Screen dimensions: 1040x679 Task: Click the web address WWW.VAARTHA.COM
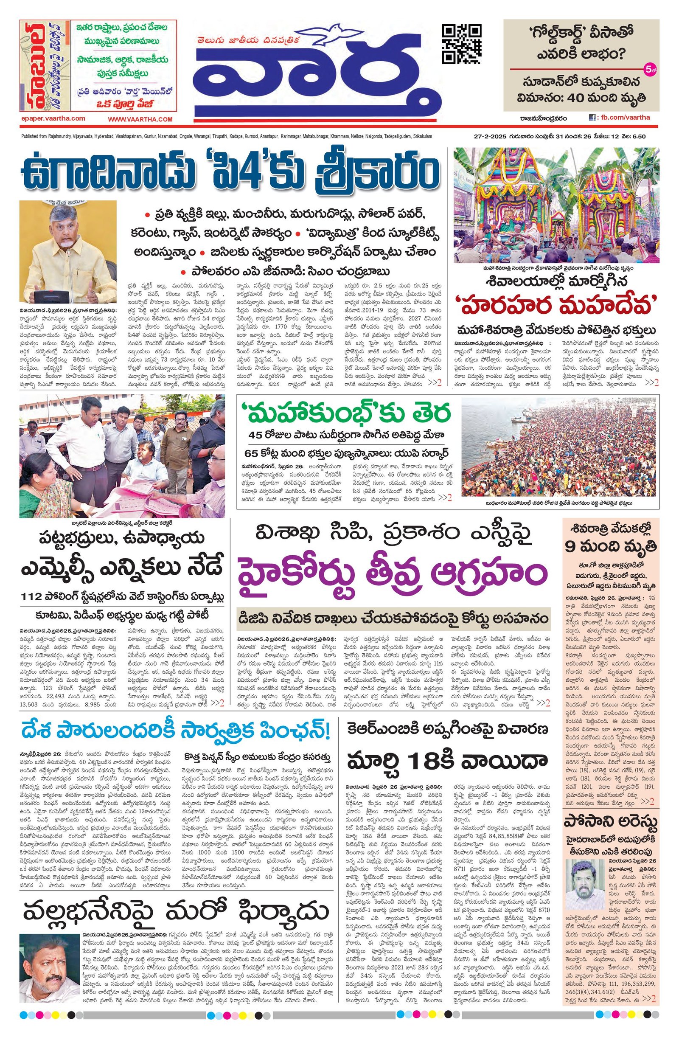coord(140,119)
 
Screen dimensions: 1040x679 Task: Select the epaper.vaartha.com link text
coord(53,118)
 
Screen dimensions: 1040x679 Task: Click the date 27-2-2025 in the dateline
coord(490,137)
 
